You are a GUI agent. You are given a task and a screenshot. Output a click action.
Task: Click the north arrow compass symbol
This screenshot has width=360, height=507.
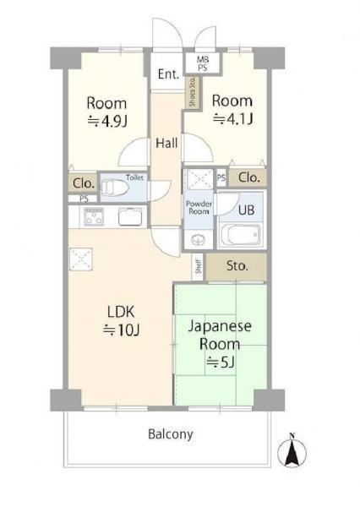coord(292,450)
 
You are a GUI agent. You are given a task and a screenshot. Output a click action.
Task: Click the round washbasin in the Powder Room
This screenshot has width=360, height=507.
coord(198,240)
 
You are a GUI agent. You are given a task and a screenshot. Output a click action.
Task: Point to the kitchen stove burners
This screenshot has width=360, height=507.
coord(94,216)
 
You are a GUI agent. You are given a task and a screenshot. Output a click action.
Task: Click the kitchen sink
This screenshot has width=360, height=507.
coord(130,216)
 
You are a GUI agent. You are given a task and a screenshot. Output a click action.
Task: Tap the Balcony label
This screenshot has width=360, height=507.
coord(171,434)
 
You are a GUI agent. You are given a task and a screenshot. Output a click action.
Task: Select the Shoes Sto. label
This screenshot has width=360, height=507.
coord(193,92)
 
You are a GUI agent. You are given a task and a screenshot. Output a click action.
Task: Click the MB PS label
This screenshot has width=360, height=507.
coord(203,63)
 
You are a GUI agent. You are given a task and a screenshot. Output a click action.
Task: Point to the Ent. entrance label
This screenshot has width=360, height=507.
coord(168,74)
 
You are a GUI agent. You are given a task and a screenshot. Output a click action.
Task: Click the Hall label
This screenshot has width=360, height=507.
coord(166,143)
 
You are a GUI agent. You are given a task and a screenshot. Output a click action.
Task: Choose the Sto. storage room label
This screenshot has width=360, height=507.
coord(237,266)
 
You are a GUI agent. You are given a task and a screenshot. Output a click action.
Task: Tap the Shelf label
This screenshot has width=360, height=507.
coord(199,266)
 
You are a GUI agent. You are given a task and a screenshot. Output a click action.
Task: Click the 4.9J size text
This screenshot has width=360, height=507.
coord(107,121)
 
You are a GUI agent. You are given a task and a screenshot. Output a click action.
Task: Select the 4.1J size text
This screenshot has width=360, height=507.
coord(232,119)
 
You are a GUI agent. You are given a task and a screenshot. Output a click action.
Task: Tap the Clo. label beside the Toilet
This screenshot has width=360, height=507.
coord(84,183)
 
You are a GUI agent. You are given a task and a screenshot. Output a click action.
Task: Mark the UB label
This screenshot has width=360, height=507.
coord(246,210)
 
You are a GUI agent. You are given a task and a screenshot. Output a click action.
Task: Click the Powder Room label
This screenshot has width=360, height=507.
coord(199,208)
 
